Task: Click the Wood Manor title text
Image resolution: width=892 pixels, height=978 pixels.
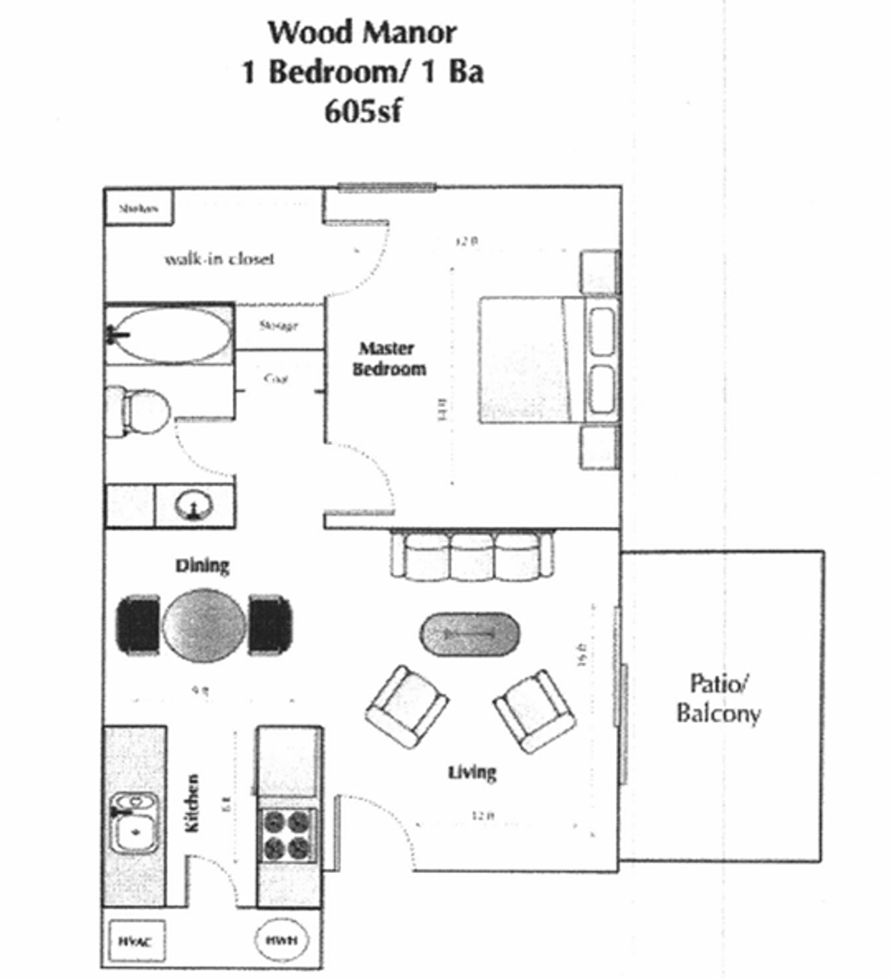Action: click(362, 33)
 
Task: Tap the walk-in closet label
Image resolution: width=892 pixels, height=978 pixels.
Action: click(219, 259)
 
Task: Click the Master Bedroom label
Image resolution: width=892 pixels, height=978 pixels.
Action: click(389, 359)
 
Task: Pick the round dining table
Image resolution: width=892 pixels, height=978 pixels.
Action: click(204, 625)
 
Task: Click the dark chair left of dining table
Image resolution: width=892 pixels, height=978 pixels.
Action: click(138, 624)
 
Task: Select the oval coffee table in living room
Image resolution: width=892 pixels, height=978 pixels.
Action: click(470, 634)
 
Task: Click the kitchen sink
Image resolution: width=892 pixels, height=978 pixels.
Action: click(134, 824)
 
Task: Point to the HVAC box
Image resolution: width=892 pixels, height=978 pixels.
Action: click(137, 940)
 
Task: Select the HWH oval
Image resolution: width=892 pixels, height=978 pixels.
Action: click(281, 940)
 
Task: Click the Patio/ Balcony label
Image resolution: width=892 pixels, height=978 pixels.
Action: click(718, 698)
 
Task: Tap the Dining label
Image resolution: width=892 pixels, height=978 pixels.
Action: click(202, 565)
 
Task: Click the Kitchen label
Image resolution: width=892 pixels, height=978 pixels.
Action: click(193, 803)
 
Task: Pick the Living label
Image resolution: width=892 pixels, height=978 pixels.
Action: click(472, 772)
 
